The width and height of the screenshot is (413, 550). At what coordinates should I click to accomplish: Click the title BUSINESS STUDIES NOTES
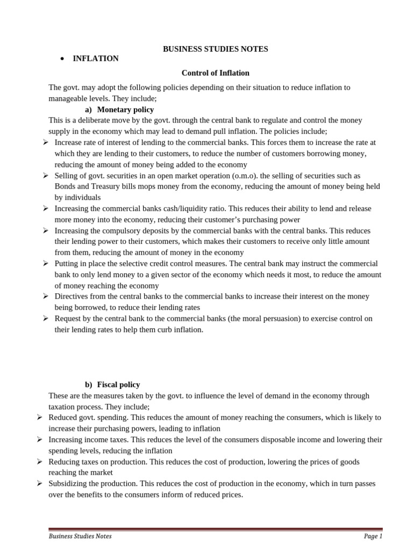(x=215, y=49)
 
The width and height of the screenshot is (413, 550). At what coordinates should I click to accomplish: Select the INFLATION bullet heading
(x=96, y=59)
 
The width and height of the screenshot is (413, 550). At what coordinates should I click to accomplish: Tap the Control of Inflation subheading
(x=215, y=73)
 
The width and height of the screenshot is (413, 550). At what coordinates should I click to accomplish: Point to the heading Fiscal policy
(x=118, y=385)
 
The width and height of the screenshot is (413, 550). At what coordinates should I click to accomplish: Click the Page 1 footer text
(x=372, y=536)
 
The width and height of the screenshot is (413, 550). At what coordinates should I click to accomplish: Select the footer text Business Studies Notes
(x=80, y=536)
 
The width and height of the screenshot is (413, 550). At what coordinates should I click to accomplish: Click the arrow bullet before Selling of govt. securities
(x=46, y=176)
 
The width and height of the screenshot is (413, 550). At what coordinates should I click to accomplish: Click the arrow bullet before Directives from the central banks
(x=46, y=296)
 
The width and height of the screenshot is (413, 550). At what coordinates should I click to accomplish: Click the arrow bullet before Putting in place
(x=46, y=264)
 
